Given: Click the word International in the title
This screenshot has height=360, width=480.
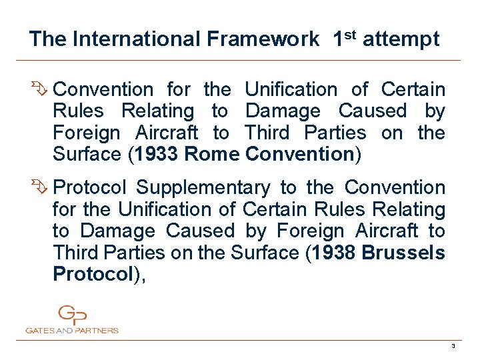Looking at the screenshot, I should coord(136,39).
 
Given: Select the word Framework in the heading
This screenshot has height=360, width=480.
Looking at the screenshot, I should coord(263,39).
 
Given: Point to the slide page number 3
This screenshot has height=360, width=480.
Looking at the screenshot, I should coord(453,346).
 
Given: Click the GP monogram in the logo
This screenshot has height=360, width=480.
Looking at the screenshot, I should coord(72,315).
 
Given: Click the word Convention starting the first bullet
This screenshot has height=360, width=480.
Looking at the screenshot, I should coord(103,89).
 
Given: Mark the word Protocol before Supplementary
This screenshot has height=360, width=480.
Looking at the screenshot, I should coord(90,187).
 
